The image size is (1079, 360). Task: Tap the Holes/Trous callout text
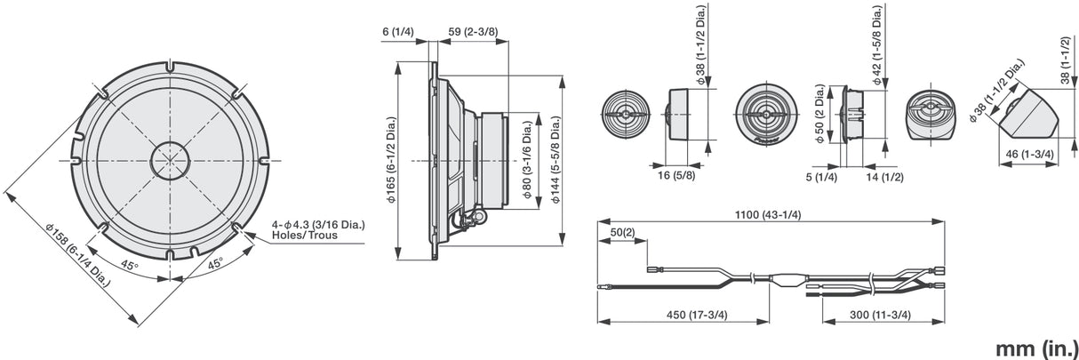coord(304,236)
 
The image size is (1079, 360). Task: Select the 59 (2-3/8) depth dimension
coord(473,31)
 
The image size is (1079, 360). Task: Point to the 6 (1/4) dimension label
coord(397,31)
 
